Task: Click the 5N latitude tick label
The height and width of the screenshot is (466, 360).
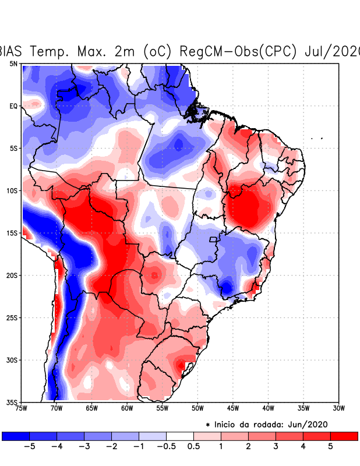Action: (13, 63)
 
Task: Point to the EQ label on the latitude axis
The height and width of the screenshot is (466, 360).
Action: (13, 106)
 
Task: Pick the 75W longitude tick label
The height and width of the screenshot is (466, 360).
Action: (22, 408)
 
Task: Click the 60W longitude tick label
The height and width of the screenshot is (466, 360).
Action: (127, 408)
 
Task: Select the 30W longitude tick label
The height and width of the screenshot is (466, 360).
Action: (338, 408)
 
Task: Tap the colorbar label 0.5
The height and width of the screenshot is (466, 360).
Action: (194, 447)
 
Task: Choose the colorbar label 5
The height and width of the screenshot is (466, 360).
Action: (330, 447)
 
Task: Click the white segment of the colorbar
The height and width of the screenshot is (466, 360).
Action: (180, 436)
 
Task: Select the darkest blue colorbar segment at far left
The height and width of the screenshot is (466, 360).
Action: (16, 436)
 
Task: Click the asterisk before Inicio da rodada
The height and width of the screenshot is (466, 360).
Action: (207, 425)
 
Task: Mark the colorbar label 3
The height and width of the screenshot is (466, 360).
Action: (276, 447)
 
